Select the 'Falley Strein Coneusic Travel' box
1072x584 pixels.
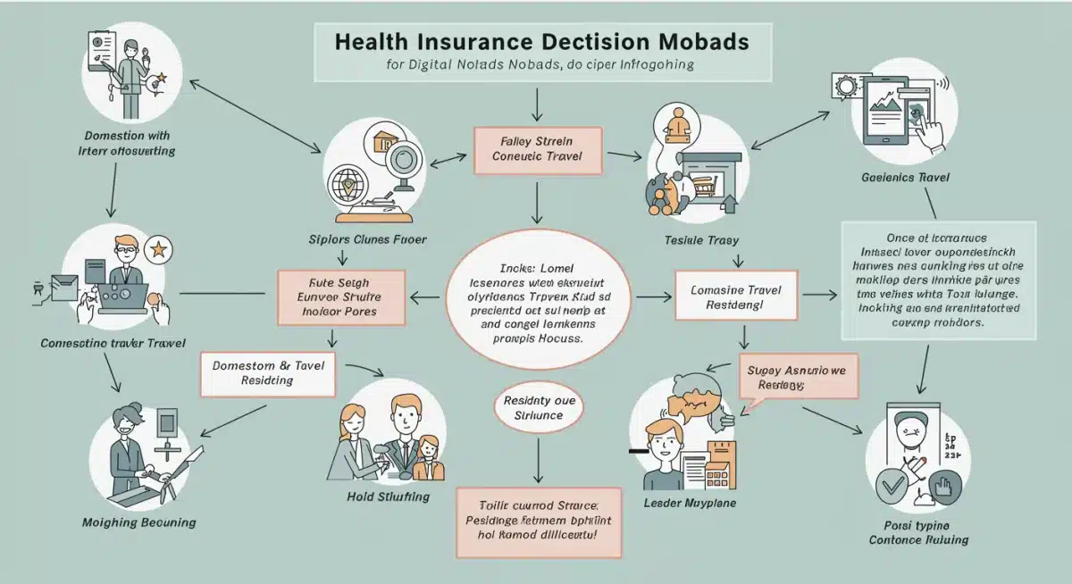click(x=537, y=149)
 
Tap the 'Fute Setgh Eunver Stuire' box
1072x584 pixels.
click(x=341, y=296)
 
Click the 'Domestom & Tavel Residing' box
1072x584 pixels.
click(x=267, y=372)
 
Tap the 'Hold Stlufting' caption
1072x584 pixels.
click(x=388, y=496)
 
